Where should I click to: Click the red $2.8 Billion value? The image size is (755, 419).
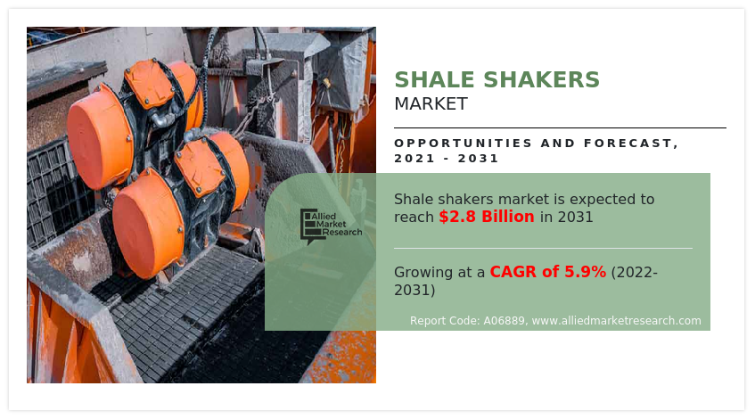(487, 217)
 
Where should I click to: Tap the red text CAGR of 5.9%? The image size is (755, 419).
(547, 272)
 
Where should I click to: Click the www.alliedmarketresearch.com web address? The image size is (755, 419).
(616, 321)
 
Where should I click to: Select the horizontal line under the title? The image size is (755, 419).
(560, 127)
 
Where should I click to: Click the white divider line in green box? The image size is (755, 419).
(543, 248)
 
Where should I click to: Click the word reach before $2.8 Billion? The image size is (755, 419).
(414, 217)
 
